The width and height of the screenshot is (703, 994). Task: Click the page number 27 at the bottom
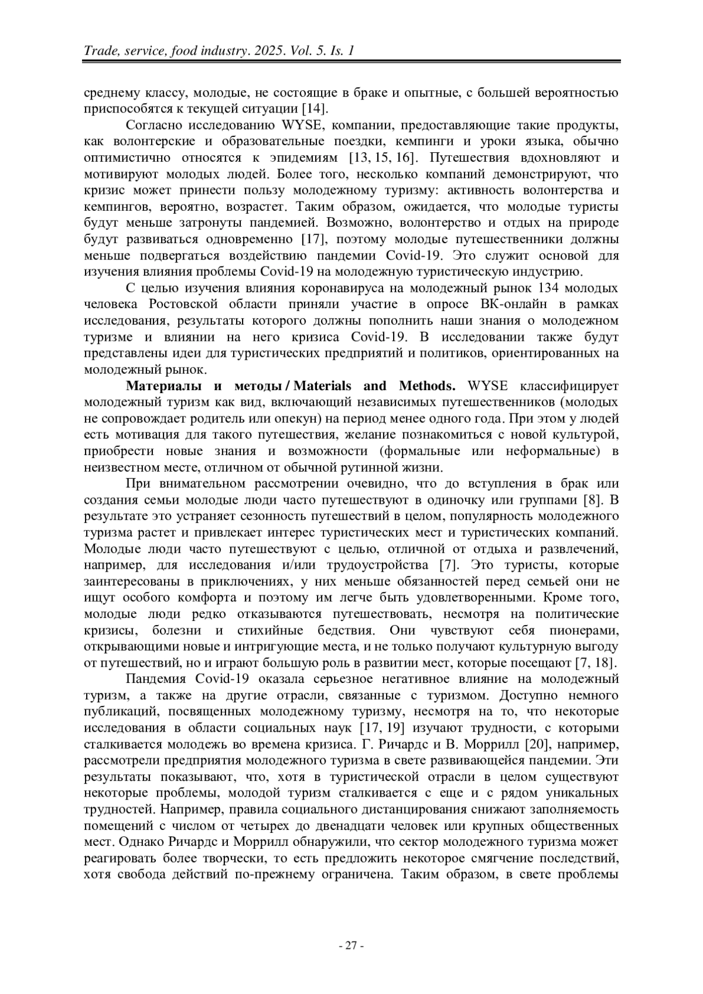tap(351, 945)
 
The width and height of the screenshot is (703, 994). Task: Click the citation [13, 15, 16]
tap(383, 158)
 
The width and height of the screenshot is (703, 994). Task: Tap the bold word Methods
tap(427, 386)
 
